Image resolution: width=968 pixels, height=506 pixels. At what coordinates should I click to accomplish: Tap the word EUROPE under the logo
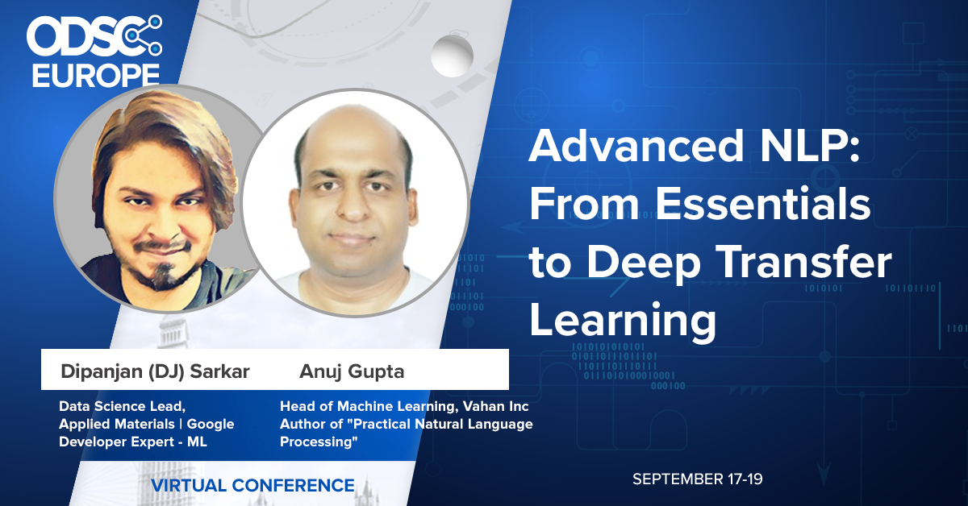(96, 76)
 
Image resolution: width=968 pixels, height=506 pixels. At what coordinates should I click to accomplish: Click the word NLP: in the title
(810, 146)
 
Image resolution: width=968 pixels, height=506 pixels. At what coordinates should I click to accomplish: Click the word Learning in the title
(623, 321)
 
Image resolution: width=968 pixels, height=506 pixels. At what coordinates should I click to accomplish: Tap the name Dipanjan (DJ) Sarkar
(155, 371)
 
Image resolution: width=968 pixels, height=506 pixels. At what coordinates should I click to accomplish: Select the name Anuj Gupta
(352, 371)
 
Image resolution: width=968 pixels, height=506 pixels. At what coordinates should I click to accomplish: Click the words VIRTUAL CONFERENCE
(252, 485)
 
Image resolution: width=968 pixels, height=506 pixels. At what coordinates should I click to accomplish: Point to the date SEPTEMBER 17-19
(698, 479)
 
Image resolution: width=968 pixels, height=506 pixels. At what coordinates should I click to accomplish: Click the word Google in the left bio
(211, 425)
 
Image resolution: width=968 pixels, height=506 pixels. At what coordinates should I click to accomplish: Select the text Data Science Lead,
(123, 406)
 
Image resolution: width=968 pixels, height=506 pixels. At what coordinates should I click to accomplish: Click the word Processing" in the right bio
(319, 442)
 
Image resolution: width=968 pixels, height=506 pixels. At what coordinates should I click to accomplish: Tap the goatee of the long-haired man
(165, 276)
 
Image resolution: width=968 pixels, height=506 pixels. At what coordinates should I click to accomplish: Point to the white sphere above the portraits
(452, 56)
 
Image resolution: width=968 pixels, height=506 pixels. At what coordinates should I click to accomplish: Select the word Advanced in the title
(636, 146)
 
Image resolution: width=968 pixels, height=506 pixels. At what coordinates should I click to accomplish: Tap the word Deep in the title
(644, 264)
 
